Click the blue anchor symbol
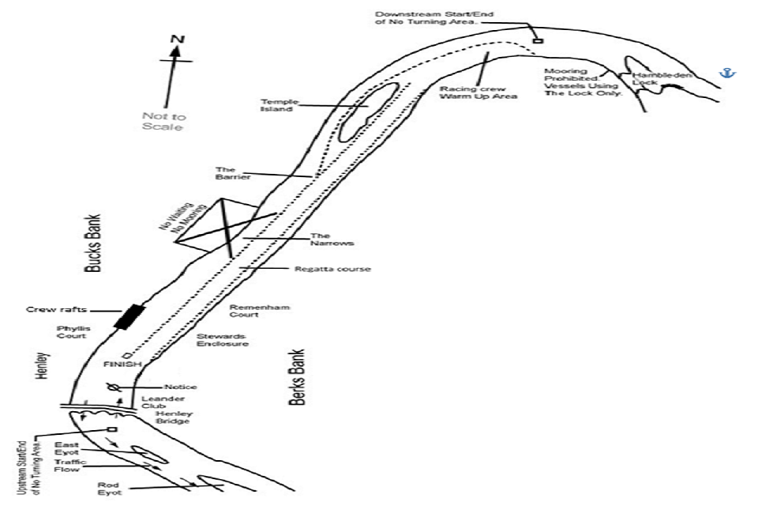coord(726,73)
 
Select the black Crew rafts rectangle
coord(129,315)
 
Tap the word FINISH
coord(122,364)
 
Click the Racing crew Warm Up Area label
coord(478,92)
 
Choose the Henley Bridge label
coord(173,417)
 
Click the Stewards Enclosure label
coord(223,339)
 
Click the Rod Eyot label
coord(108,489)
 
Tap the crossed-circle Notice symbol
coord(114,388)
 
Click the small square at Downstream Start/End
coord(538,40)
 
